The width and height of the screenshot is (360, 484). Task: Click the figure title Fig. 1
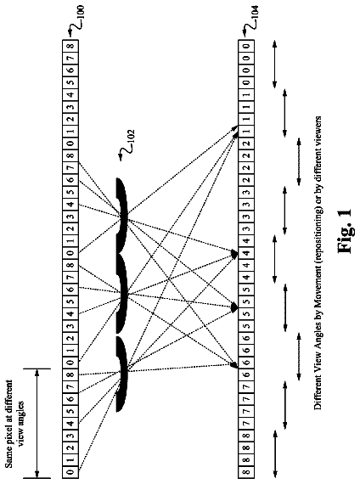pos(345,231)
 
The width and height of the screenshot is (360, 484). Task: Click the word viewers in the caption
pos(318,130)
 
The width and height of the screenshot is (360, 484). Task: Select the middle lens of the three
pos(122,294)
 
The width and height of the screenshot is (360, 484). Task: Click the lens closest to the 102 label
pos(122,215)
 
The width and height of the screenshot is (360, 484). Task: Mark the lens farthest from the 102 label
pos(122,374)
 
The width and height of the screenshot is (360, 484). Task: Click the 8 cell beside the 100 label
pos(70,47)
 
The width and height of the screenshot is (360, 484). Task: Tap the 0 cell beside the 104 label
pos(246,47)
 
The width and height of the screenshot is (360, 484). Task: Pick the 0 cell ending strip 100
pos(70,472)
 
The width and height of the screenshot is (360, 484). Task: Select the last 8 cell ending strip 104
pos(246,472)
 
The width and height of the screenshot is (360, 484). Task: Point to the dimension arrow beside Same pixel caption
pos(37,424)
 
